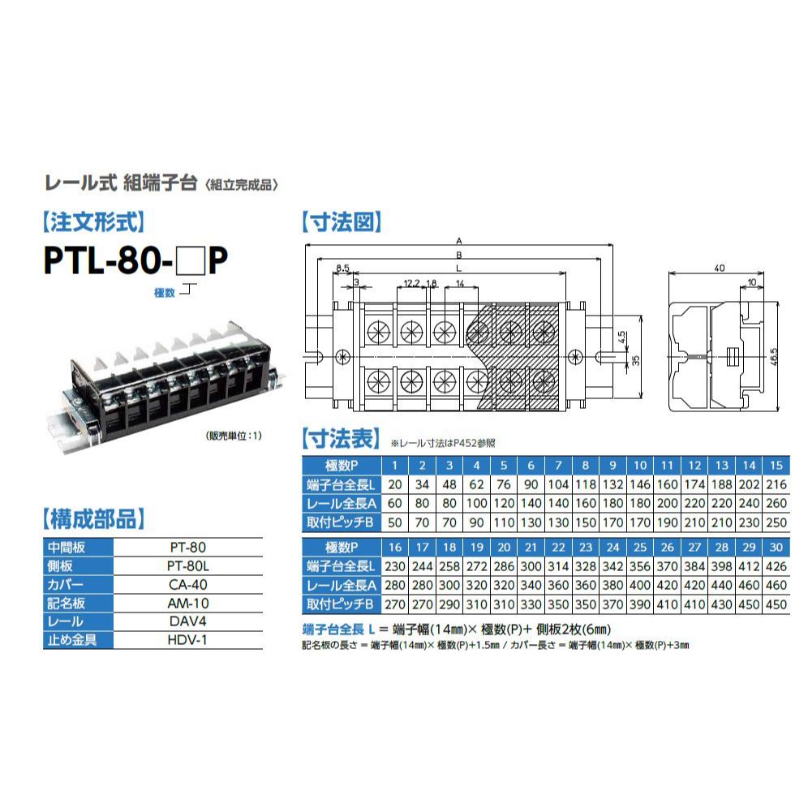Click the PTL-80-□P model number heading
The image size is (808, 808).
click(x=135, y=260)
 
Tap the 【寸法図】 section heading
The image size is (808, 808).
click(x=342, y=222)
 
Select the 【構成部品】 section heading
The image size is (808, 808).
click(x=93, y=519)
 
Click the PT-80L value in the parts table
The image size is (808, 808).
click(x=187, y=565)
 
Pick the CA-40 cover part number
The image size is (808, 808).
click(x=187, y=584)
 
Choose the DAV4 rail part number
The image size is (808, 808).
click(x=187, y=621)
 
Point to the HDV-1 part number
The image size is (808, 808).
click(x=187, y=639)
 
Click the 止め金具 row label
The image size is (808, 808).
click(x=71, y=640)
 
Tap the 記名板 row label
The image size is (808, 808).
click(x=66, y=603)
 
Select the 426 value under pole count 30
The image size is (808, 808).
click(x=776, y=566)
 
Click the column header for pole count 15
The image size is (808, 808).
click(x=776, y=466)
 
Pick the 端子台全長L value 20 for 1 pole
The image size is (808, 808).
click(x=395, y=484)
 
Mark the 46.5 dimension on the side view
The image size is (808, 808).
click(x=773, y=357)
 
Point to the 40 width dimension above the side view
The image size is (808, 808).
click(x=720, y=268)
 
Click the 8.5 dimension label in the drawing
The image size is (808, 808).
click(x=342, y=268)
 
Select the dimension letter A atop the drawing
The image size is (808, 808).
click(x=459, y=241)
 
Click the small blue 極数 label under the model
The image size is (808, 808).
click(x=165, y=293)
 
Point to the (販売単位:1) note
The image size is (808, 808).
click(x=234, y=436)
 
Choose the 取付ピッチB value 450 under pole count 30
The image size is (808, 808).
click(x=776, y=604)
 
